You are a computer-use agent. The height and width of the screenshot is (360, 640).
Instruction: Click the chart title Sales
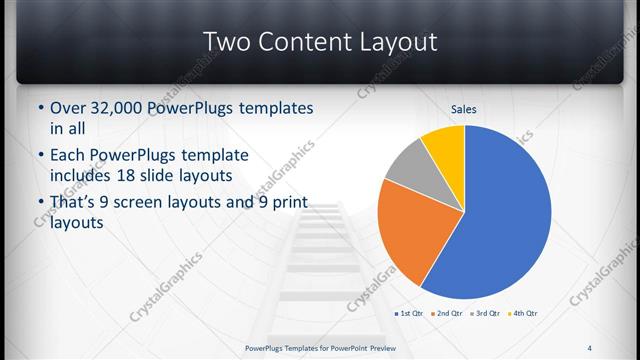[463, 108]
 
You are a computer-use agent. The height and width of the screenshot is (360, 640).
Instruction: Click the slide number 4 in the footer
[589, 348]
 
